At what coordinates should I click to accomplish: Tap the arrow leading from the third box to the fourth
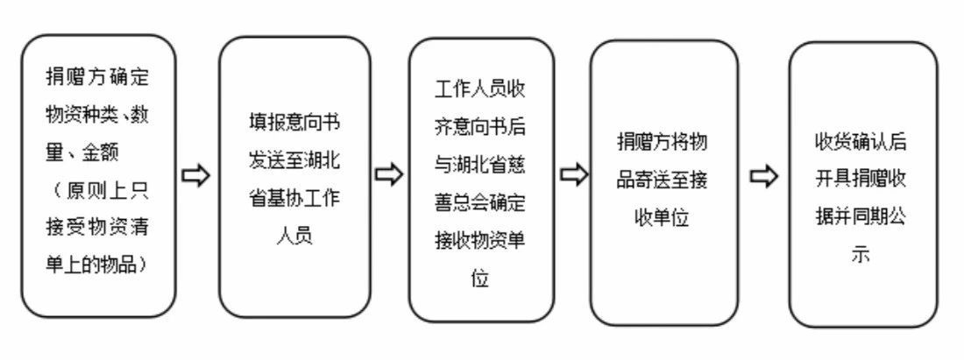[x=574, y=175]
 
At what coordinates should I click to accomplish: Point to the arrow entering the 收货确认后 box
[x=765, y=177]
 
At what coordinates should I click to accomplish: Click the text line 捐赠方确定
[x=97, y=76]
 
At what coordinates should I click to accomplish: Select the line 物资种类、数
[x=97, y=114]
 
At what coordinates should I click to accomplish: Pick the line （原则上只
[x=97, y=189]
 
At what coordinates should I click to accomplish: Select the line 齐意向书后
[x=481, y=127]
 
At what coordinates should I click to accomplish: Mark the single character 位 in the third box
[x=481, y=279]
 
